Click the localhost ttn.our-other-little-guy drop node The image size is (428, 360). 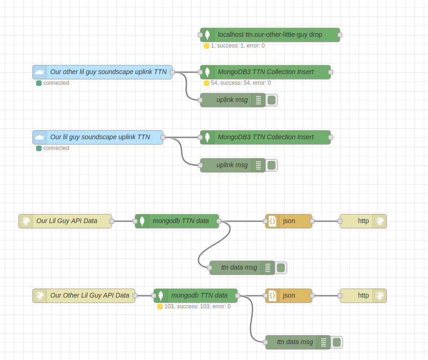[x=270, y=35]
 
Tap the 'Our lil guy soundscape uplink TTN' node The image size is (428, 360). [x=100, y=137]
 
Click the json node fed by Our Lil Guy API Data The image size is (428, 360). [x=289, y=221]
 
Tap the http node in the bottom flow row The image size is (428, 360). [x=363, y=296]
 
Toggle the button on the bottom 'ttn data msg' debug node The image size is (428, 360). [x=337, y=342]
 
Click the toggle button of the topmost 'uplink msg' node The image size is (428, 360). [x=272, y=100]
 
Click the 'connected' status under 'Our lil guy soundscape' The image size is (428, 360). [x=56, y=148]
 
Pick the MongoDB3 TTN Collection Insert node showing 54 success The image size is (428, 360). [x=265, y=72]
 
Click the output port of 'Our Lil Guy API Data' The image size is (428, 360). [x=112, y=221]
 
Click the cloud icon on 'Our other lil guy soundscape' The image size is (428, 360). [x=40, y=72]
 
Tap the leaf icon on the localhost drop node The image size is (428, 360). [x=207, y=35]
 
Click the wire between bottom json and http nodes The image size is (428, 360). [x=326, y=296]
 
